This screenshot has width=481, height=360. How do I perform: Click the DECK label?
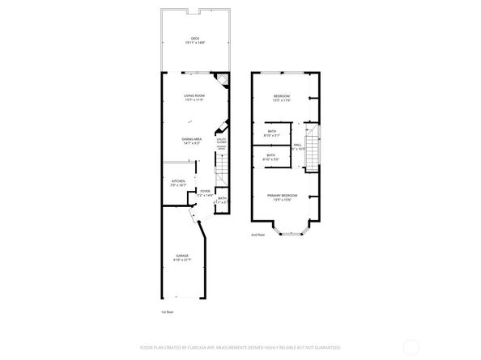click(194, 38)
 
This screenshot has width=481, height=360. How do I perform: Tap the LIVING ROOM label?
click(194, 96)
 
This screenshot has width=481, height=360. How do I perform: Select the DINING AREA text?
click(192, 139)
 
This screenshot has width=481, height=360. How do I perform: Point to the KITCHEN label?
click(178, 181)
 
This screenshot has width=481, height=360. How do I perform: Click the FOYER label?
click(205, 191)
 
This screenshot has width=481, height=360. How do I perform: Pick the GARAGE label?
click(183, 256)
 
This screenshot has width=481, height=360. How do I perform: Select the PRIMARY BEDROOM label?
click(282, 196)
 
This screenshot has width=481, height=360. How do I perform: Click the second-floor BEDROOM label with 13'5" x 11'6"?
click(282, 96)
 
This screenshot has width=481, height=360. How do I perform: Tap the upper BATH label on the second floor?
click(271, 133)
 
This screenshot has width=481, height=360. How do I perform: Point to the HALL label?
click(298, 146)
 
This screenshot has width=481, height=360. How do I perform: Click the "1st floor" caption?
click(167, 311)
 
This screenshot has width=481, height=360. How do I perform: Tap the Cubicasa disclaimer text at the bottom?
click(240, 347)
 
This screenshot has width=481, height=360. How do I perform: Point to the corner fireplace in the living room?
click(219, 81)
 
